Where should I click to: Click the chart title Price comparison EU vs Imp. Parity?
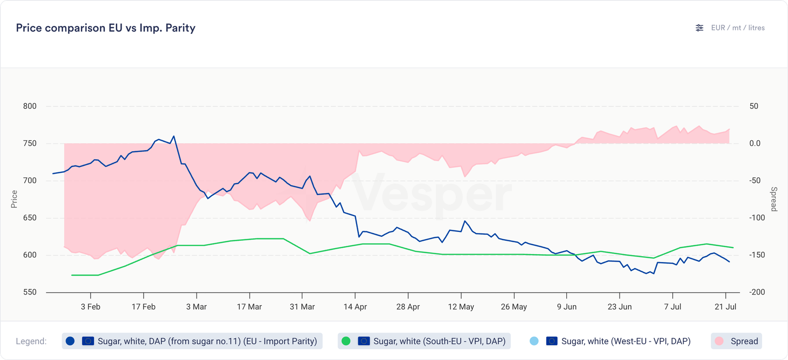click(105, 28)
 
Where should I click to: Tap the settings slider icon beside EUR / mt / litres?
click(699, 28)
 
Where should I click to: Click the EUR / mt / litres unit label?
click(738, 28)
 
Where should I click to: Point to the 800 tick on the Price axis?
click(30, 106)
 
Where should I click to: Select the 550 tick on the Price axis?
click(30, 292)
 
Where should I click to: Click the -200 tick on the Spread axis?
click(757, 292)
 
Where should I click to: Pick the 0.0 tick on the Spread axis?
click(755, 143)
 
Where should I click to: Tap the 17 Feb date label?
click(143, 307)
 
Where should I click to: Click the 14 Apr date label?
click(355, 307)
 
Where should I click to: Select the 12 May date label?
click(461, 307)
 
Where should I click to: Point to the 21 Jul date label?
click(725, 307)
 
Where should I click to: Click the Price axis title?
click(14, 199)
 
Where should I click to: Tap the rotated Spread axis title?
click(774, 199)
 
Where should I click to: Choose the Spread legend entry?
click(736, 341)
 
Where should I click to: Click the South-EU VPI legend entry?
click(424, 341)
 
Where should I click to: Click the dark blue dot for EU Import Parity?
click(70, 341)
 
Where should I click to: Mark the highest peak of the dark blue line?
click(174, 136)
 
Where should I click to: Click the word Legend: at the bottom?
click(31, 341)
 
